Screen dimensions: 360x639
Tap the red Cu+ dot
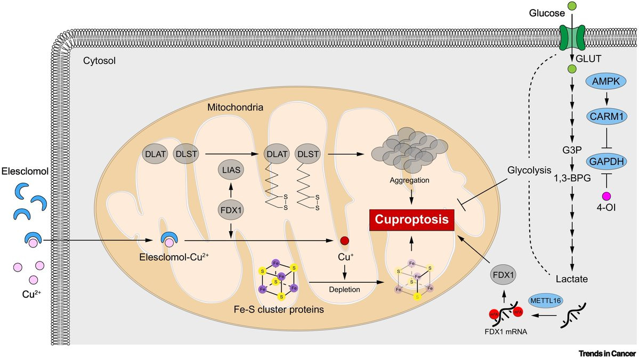(x=344, y=241)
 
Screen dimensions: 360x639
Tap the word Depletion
(x=344, y=289)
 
